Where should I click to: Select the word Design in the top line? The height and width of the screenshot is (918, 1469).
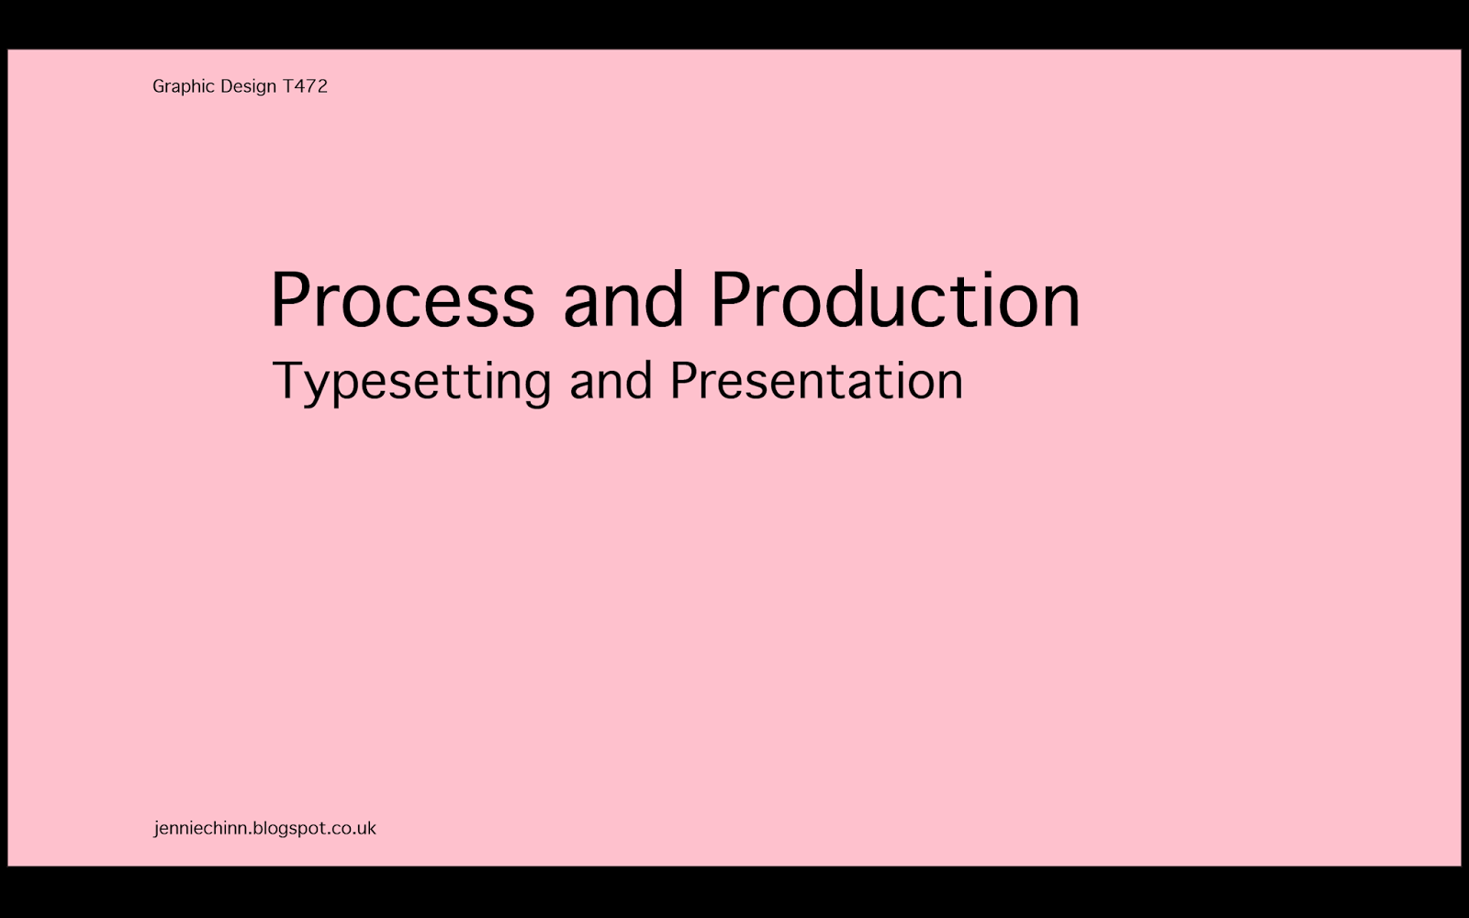pyautogui.click(x=249, y=86)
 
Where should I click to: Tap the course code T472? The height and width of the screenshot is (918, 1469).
pyautogui.click(x=305, y=86)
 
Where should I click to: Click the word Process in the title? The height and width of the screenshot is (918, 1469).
pyautogui.click(x=403, y=299)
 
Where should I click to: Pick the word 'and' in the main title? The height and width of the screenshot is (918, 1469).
pyautogui.click(x=623, y=299)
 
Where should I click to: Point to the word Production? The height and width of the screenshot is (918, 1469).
pyautogui.click(x=896, y=299)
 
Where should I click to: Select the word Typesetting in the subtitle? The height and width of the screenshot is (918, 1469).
pyautogui.click(x=412, y=382)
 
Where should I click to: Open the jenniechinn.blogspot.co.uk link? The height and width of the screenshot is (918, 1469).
pyautogui.click(x=265, y=828)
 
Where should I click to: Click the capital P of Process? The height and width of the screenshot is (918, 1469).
pyautogui.click(x=290, y=299)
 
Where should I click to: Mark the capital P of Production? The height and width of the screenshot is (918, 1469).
pyautogui.click(x=731, y=299)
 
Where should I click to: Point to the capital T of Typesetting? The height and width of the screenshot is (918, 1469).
pyautogui.click(x=289, y=380)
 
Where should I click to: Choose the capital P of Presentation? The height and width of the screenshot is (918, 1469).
pyautogui.click(x=683, y=380)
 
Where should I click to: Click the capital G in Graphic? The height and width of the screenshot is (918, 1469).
pyautogui.click(x=159, y=86)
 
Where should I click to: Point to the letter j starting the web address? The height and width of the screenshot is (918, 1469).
pyautogui.click(x=156, y=830)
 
